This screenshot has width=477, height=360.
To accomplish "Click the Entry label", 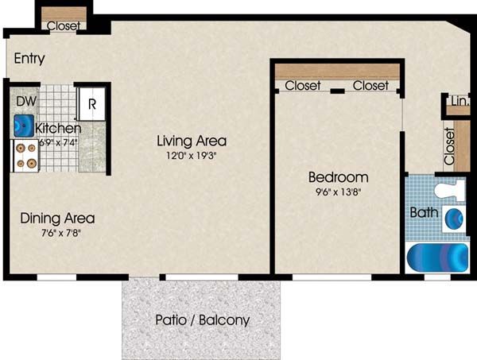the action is tap(29, 58).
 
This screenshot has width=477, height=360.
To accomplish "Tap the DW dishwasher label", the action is tap(26, 101).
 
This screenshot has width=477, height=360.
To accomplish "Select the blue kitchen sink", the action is tap(24, 126).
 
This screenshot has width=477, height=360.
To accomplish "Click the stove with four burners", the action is tap(25, 156).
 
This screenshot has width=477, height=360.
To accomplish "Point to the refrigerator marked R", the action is tap(92, 103).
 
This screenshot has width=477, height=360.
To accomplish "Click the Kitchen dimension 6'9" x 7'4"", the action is tap(59, 142).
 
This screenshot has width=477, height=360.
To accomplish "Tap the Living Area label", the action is tap(192, 141).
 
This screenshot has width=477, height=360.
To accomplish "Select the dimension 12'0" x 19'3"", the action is tap(192, 156).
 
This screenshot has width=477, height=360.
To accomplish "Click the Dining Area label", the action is tap(57, 219).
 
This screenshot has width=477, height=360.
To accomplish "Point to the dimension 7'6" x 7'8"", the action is tap(60, 233).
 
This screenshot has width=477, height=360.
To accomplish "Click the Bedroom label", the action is tap(339, 177).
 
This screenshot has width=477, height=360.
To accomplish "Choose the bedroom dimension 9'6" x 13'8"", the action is tap(339, 192).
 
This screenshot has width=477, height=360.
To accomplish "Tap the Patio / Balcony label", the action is tap(202, 320).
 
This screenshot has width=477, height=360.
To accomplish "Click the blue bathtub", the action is tap(438, 257).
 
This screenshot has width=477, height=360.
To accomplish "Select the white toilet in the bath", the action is tap(450, 190).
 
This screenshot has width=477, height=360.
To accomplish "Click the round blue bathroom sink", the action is tap(454, 219).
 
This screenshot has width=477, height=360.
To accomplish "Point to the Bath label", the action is tap(424, 212).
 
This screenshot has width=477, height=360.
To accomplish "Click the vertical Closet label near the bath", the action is tap(449, 146).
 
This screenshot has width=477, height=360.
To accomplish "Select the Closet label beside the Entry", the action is tap(64, 26).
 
